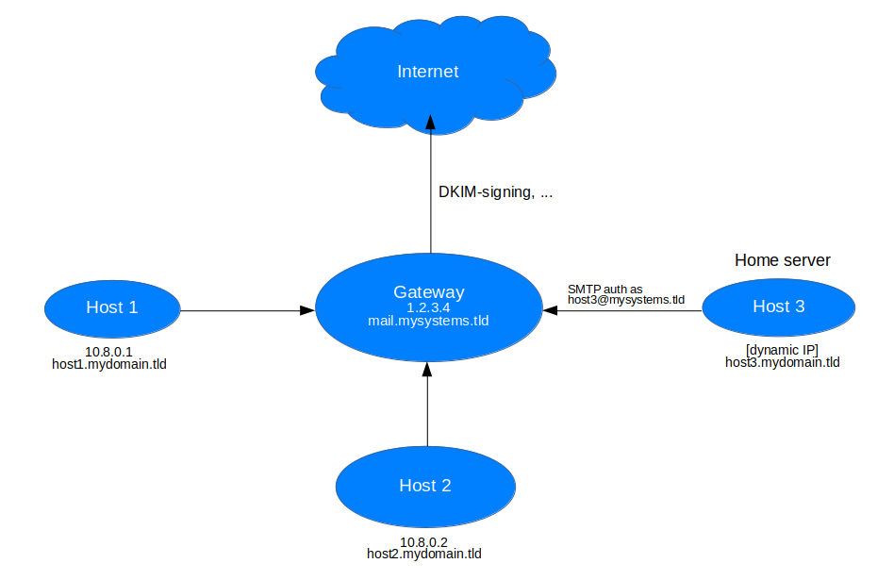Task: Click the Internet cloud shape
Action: pyautogui.click(x=429, y=73)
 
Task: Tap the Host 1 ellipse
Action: pyautogui.click(x=112, y=307)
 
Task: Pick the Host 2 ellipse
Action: pyautogui.click(x=425, y=486)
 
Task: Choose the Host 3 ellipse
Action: pyautogui.click(x=778, y=307)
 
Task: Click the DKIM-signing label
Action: pyautogui.click(x=495, y=191)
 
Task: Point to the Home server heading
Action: pyautogui.click(x=782, y=259)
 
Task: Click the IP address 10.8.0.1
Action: pyautogui.click(x=108, y=351)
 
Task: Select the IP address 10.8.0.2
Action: pyautogui.click(x=423, y=541)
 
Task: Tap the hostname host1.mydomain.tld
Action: pyautogui.click(x=109, y=363)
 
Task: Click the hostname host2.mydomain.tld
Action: pyautogui.click(x=424, y=554)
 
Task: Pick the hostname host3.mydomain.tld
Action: pyautogui.click(x=782, y=361)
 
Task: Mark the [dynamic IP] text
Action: pyautogui.click(x=782, y=349)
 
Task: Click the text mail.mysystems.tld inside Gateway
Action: pyautogui.click(x=429, y=321)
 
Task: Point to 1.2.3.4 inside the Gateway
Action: pyautogui.click(x=429, y=307)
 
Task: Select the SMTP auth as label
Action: pyautogui.click(x=604, y=288)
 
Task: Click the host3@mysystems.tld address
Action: pyautogui.click(x=625, y=299)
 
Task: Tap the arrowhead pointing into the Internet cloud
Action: pyautogui.click(x=431, y=122)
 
